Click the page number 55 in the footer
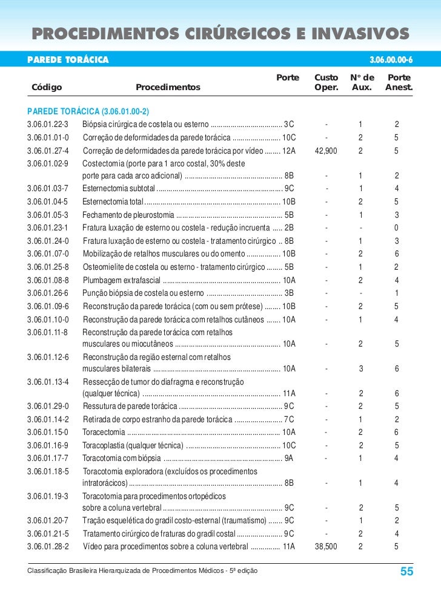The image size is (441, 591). click(406, 572)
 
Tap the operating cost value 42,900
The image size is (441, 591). click(327, 150)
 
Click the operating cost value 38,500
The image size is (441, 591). click(327, 546)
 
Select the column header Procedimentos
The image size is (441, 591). click(168, 88)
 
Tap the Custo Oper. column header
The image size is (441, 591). click(327, 83)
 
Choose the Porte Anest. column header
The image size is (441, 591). click(398, 83)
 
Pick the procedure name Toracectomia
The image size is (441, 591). click(104, 432)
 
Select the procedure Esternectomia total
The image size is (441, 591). click(113, 201)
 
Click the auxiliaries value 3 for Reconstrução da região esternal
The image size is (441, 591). click(360, 368)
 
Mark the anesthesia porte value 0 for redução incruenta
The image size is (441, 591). click(396, 228)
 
